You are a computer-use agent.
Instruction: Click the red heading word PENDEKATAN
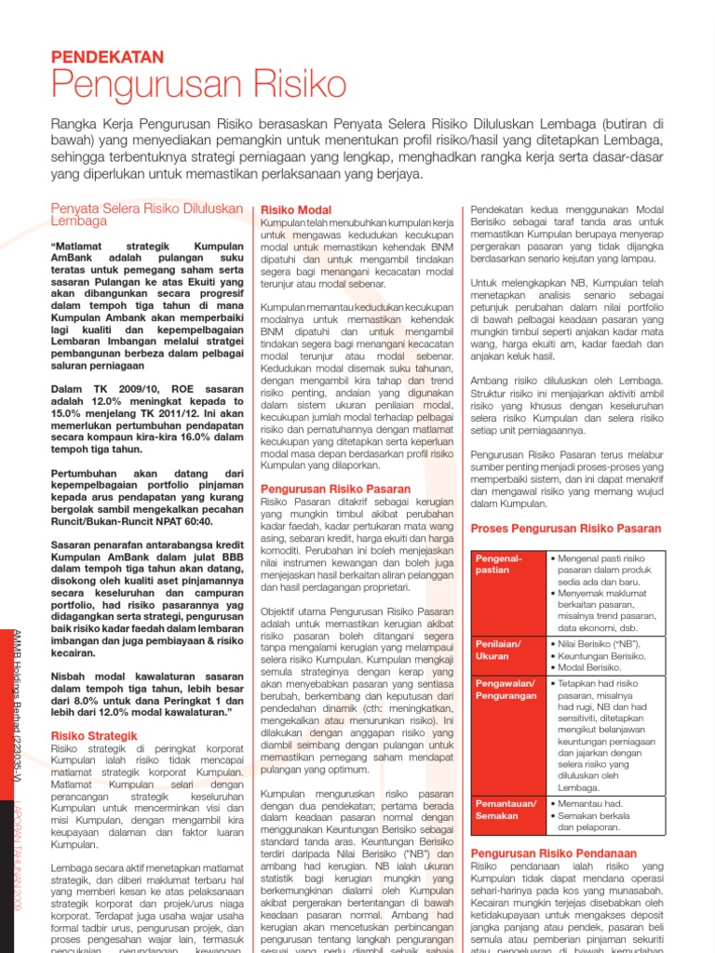(107, 57)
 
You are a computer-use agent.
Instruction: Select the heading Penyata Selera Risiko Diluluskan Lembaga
(146, 215)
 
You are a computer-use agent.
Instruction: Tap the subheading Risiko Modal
(296, 211)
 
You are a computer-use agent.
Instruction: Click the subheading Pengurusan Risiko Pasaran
(335, 489)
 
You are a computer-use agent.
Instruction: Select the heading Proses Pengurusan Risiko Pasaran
(566, 528)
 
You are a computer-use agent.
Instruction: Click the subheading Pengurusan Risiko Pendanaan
(553, 852)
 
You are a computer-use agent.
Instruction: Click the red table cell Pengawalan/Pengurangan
(506, 689)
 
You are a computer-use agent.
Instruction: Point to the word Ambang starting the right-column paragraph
(490, 382)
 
